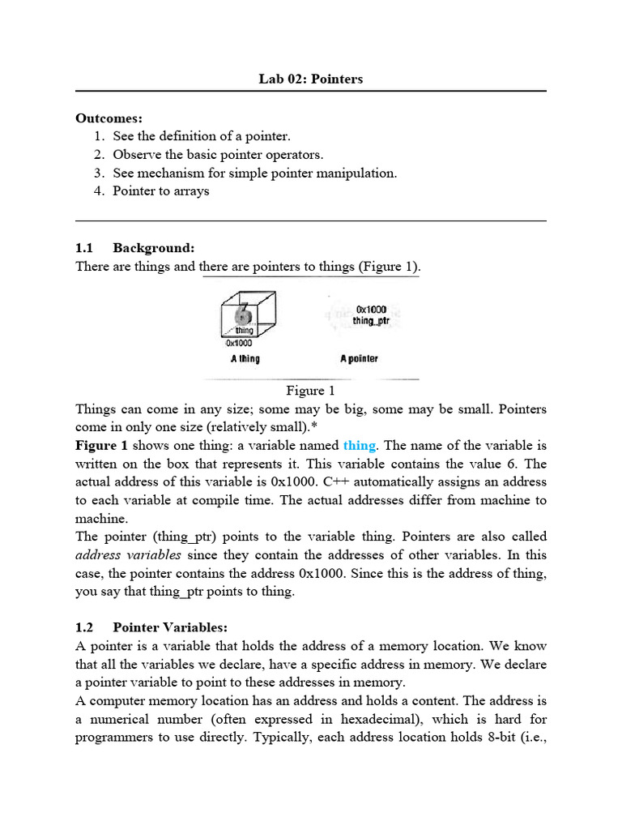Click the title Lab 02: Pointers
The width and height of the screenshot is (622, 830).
pos(311,79)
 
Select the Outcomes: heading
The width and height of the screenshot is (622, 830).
pos(109,118)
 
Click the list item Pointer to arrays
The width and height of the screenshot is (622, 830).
pos(160,191)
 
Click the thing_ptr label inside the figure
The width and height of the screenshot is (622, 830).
pos(371,321)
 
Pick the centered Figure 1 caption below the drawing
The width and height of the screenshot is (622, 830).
pos(310,391)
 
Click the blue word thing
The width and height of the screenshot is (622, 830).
pos(359,445)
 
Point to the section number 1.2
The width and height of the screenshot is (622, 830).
pos(84,627)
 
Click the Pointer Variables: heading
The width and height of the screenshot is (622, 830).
pos(171,627)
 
